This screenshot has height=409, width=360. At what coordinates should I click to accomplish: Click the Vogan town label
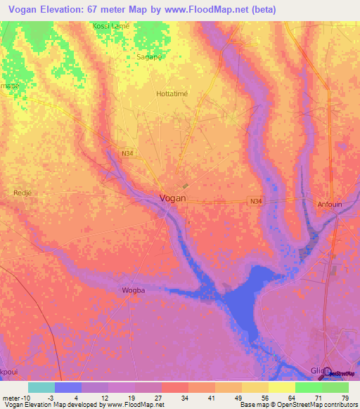click(173, 198)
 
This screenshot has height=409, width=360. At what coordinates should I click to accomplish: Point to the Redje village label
click(23, 192)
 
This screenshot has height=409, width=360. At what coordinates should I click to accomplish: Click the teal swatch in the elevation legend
click(41, 387)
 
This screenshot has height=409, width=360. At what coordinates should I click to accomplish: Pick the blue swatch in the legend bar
click(68, 387)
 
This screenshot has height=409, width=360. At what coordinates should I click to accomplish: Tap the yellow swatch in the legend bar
click(282, 387)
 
